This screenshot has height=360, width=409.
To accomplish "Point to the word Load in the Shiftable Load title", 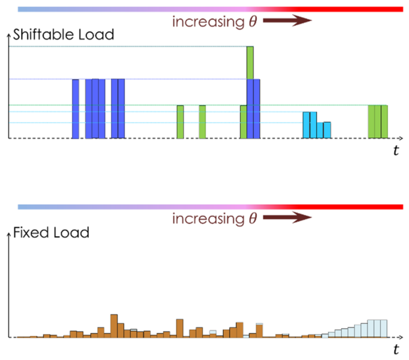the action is pos(96,34).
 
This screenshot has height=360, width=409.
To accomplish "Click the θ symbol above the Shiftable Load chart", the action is pos(253,21).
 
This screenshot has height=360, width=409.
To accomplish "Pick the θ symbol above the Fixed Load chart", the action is pos(253,218).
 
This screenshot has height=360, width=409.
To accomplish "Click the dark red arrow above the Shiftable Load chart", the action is pos(287,20).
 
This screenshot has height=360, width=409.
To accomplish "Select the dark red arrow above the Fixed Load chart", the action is pos(287,217).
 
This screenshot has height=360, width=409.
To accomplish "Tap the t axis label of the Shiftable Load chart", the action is pos(396,151).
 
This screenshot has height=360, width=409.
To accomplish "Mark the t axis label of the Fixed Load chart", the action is pos(396,349).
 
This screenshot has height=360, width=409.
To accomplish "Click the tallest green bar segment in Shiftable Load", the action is pos(250,63).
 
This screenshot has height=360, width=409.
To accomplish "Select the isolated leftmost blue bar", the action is pos(75,109).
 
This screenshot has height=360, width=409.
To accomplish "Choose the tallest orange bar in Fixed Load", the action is pos(114,326).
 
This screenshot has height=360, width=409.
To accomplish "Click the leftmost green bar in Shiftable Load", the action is pos(180,122).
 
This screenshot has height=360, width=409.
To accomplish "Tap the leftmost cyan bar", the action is pos(306,125).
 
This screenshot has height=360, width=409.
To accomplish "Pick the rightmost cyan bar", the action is pos(327,130).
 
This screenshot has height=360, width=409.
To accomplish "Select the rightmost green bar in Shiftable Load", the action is pos(384,122).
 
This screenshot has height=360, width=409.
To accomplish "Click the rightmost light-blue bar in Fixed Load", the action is pos(383,329).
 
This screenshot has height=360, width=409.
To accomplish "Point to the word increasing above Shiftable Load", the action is pos(208,22).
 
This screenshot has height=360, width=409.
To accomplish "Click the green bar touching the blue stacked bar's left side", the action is pos(243,122).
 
